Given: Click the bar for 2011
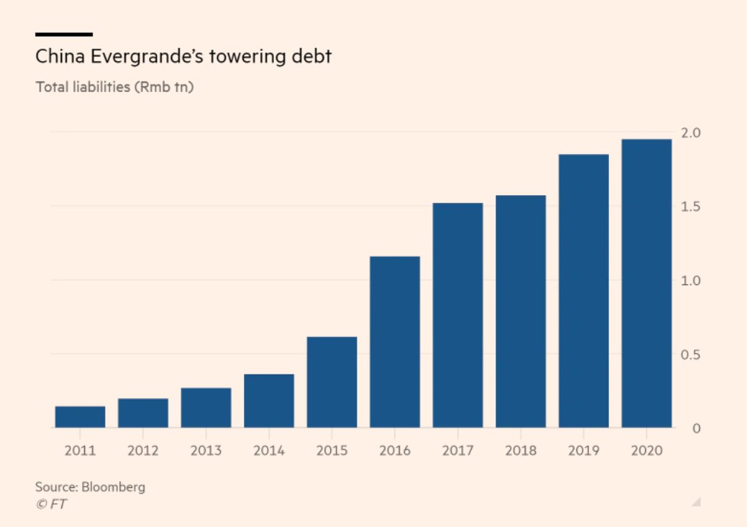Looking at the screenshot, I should click(x=80, y=417).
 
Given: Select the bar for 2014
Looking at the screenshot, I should click(x=269, y=401).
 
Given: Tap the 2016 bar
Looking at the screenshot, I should click(x=394, y=342).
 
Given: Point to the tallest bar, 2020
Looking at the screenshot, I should click(x=647, y=283).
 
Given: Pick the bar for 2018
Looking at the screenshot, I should click(x=521, y=311).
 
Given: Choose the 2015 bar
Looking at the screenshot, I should click(x=332, y=382).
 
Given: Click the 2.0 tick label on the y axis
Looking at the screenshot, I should click(x=691, y=133).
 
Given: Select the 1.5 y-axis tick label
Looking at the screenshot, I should click(x=691, y=207).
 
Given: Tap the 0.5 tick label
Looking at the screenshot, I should click(x=691, y=355).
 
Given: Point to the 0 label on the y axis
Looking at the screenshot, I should click(x=695, y=428).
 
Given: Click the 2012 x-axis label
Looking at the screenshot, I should click(x=143, y=450).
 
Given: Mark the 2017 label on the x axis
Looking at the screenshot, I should click(x=458, y=450).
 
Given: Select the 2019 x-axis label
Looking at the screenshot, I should click(x=583, y=450).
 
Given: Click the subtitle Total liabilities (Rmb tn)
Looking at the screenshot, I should click(x=114, y=88).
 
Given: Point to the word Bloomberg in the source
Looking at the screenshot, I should click(x=114, y=487).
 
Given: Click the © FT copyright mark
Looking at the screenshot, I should click(x=51, y=504).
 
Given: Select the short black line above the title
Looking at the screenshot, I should click(x=63, y=34).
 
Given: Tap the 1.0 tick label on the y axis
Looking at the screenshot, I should click(x=691, y=281).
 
